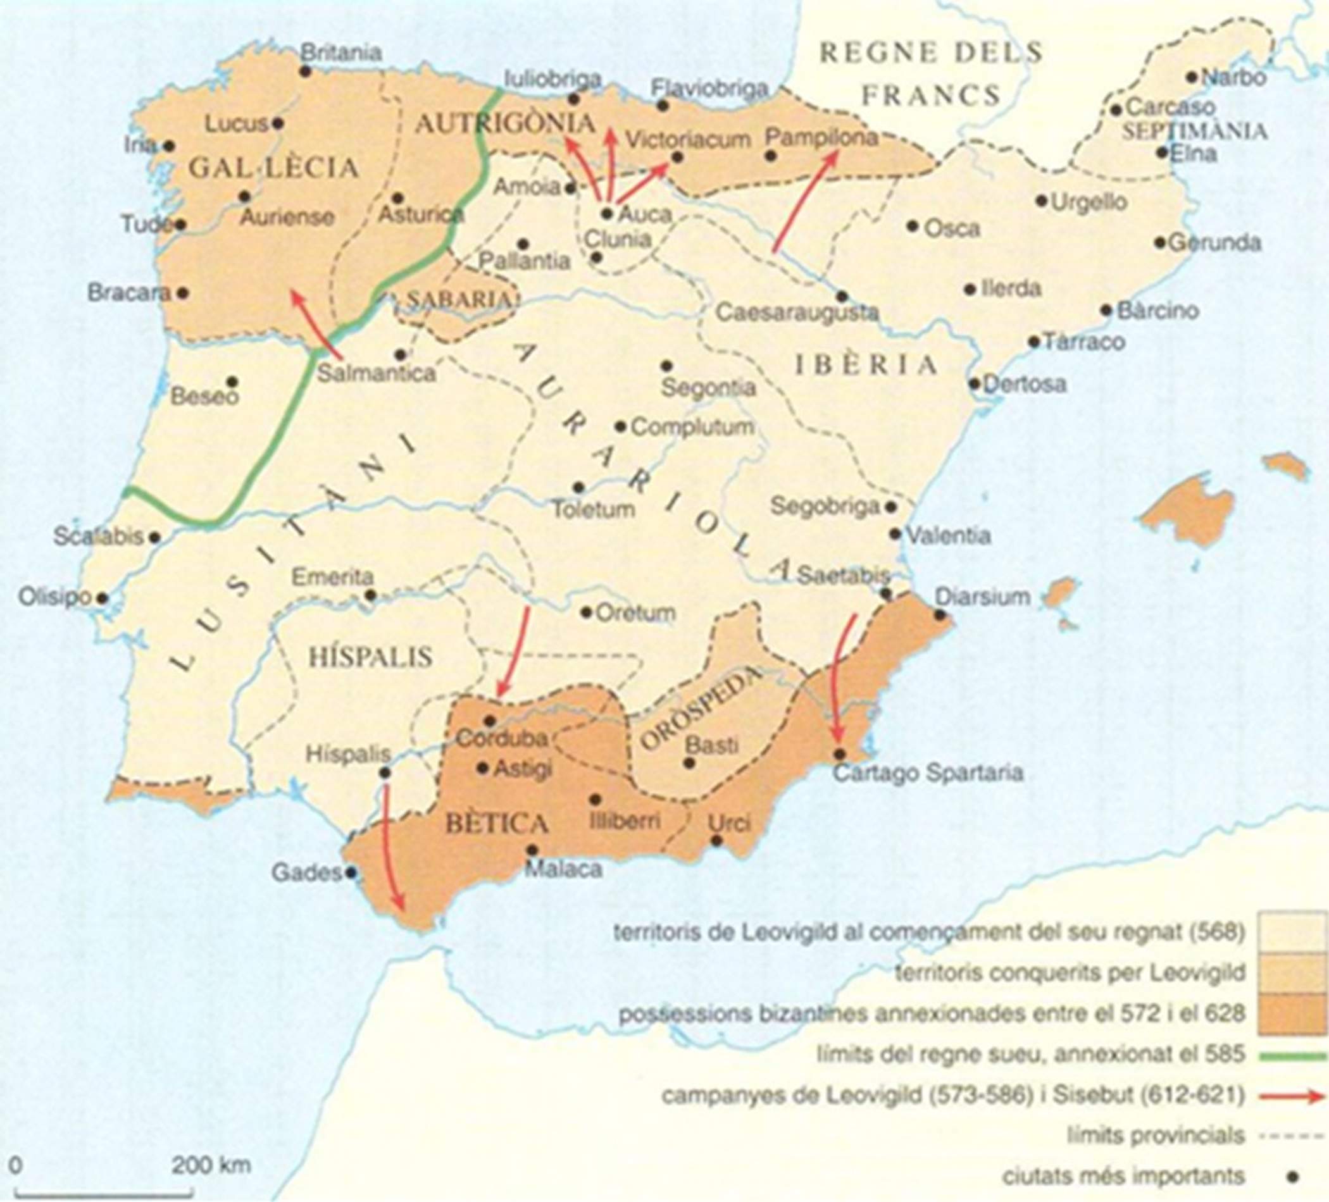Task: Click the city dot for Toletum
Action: point(579,488)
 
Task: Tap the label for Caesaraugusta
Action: point(796,313)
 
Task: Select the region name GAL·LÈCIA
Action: point(273,168)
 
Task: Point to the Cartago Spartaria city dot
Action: point(839,754)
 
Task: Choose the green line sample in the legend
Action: point(1292,1055)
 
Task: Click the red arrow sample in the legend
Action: point(1292,1096)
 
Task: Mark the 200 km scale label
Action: point(211,1165)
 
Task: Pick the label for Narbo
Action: point(1233,78)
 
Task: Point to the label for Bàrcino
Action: point(1157,311)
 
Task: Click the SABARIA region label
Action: point(458,300)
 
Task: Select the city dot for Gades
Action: point(351,873)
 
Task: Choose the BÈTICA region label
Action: point(496,824)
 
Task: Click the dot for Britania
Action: point(305,70)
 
